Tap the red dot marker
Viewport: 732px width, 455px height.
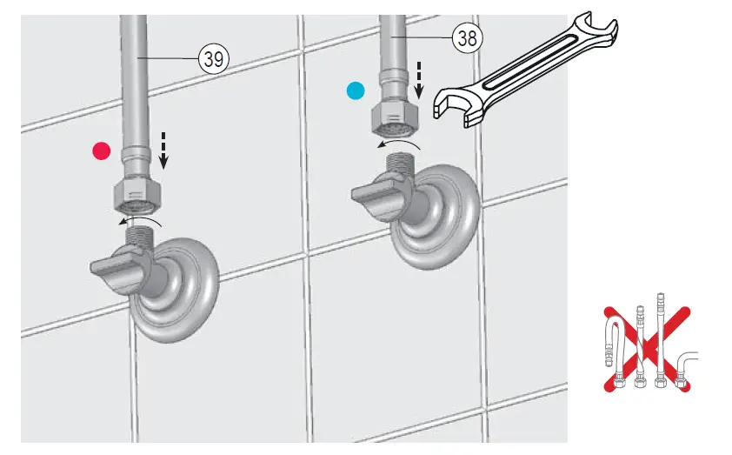[x=103, y=151]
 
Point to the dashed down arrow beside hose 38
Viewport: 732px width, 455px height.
[x=417, y=79]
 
